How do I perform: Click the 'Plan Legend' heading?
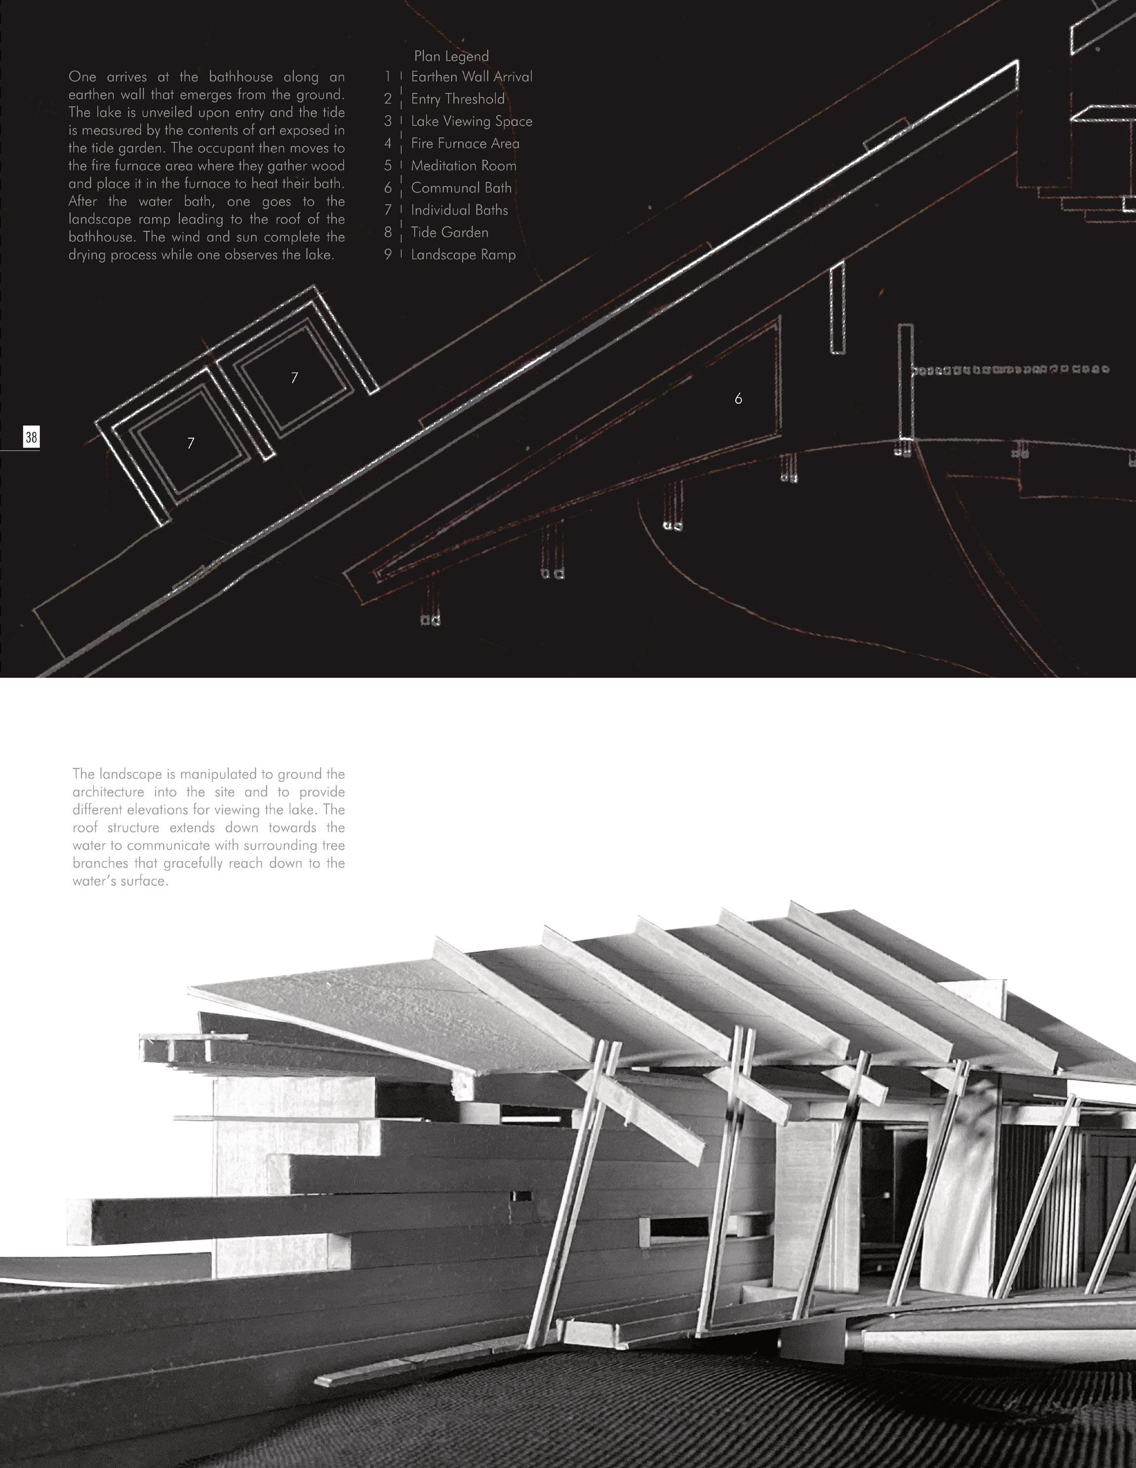pyautogui.click(x=451, y=56)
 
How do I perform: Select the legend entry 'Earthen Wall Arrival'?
pyautogui.click(x=472, y=77)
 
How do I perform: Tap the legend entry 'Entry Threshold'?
pyautogui.click(x=457, y=99)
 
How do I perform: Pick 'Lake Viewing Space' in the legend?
pyautogui.click(x=472, y=122)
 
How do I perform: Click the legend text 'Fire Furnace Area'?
pyautogui.click(x=465, y=144)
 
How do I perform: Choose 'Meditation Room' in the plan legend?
pyautogui.click(x=463, y=166)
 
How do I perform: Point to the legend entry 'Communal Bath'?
pyautogui.click(x=461, y=188)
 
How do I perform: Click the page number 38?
pyautogui.click(x=31, y=438)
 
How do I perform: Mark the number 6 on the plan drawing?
pyautogui.click(x=738, y=399)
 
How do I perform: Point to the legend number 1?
pyautogui.click(x=388, y=77)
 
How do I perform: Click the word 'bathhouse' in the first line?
pyautogui.click(x=241, y=77)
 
